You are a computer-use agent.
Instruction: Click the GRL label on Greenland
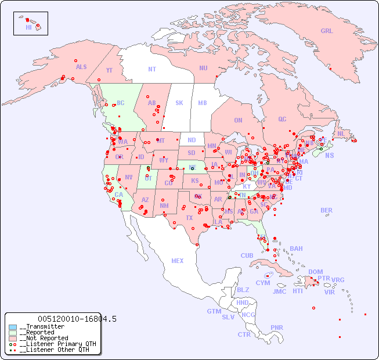click(x=327, y=31)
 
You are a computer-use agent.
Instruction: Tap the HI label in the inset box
click(x=28, y=27)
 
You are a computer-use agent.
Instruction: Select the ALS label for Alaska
click(x=81, y=67)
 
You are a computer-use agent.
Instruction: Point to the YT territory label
click(x=109, y=70)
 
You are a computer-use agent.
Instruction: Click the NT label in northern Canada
click(x=152, y=69)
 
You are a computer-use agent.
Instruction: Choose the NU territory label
click(x=203, y=68)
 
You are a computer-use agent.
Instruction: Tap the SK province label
click(x=179, y=103)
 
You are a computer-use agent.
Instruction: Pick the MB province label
click(x=203, y=103)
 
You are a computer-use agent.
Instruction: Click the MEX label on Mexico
click(x=178, y=261)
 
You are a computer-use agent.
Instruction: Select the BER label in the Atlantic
click(x=327, y=210)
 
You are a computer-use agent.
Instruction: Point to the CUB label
click(x=247, y=255)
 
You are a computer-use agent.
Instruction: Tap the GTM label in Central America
click(x=214, y=311)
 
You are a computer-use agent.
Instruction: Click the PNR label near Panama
click(x=277, y=327)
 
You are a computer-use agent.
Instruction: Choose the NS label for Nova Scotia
click(x=329, y=155)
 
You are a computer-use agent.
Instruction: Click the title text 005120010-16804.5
click(x=77, y=319)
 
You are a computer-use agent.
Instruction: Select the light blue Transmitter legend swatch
click(x=13, y=327)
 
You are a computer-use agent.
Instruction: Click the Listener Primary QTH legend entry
click(x=54, y=344)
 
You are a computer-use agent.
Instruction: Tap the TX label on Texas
click(x=189, y=218)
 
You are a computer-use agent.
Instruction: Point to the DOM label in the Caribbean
click(x=315, y=272)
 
